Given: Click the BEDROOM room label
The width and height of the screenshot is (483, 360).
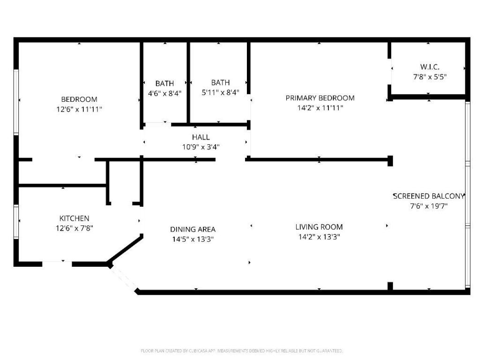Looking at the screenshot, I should click(x=79, y=99).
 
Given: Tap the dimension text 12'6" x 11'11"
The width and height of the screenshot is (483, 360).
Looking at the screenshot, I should click(x=79, y=109).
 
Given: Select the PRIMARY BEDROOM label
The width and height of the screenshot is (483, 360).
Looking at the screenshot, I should click(x=320, y=98).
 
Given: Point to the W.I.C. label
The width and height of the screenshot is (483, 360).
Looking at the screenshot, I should click(x=430, y=67).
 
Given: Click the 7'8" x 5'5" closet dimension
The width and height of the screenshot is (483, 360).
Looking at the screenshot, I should click(x=430, y=76).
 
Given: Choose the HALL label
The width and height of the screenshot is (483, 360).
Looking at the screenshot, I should click(x=201, y=137).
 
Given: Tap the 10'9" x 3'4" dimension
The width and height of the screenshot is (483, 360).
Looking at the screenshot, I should click(x=201, y=147).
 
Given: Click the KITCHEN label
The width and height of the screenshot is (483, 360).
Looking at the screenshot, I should click(x=74, y=218).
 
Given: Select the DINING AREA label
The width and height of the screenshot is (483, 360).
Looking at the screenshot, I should click(x=193, y=229).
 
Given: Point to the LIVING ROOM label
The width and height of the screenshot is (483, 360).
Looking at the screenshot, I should click(x=319, y=227).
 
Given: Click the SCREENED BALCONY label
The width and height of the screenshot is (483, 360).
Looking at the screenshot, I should click(x=429, y=196).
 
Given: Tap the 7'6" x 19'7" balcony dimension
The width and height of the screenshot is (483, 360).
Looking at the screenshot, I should click(x=429, y=205).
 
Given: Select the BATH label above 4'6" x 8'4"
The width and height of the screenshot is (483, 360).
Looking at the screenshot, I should click(x=164, y=83).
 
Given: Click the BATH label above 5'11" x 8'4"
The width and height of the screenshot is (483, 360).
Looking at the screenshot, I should click(x=220, y=82).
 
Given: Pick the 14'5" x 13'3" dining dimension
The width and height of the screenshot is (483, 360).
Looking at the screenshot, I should click(x=193, y=239).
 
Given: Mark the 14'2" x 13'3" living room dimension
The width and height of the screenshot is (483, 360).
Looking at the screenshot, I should click(x=319, y=237).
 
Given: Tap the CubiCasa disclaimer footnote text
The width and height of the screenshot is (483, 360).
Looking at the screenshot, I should click(x=242, y=351).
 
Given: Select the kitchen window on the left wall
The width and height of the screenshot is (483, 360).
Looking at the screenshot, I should click(x=16, y=222).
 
